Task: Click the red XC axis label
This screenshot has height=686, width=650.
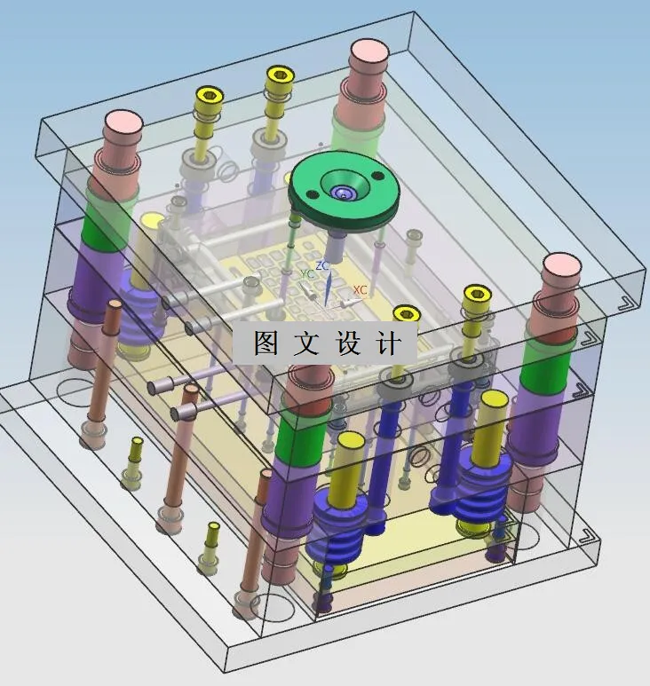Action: [x=361, y=289]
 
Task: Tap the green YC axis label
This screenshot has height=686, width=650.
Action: [x=308, y=274]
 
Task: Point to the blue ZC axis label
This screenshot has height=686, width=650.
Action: [x=322, y=265]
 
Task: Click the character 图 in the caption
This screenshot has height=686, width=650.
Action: [x=266, y=343]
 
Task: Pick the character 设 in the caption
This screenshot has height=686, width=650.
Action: [x=348, y=343]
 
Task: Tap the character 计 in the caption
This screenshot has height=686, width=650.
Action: [x=388, y=343]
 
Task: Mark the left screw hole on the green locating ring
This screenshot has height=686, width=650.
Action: [x=311, y=194]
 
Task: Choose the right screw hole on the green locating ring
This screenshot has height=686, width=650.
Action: [x=377, y=176]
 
